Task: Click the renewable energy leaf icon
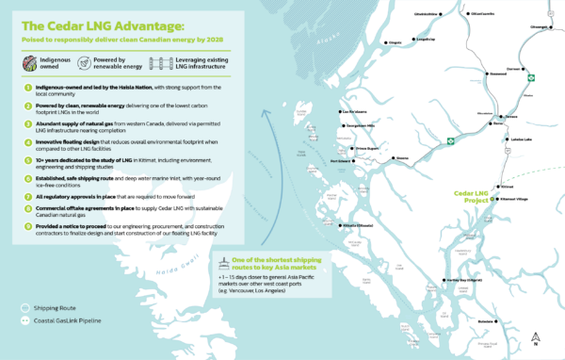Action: tap(108, 62)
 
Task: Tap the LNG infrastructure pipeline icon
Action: tap(181, 62)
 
